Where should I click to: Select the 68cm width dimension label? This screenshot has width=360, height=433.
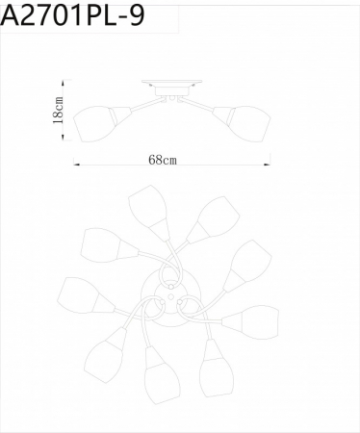162,159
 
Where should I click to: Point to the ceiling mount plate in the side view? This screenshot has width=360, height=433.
170,84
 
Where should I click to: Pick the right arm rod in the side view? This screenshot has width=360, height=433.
203,104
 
